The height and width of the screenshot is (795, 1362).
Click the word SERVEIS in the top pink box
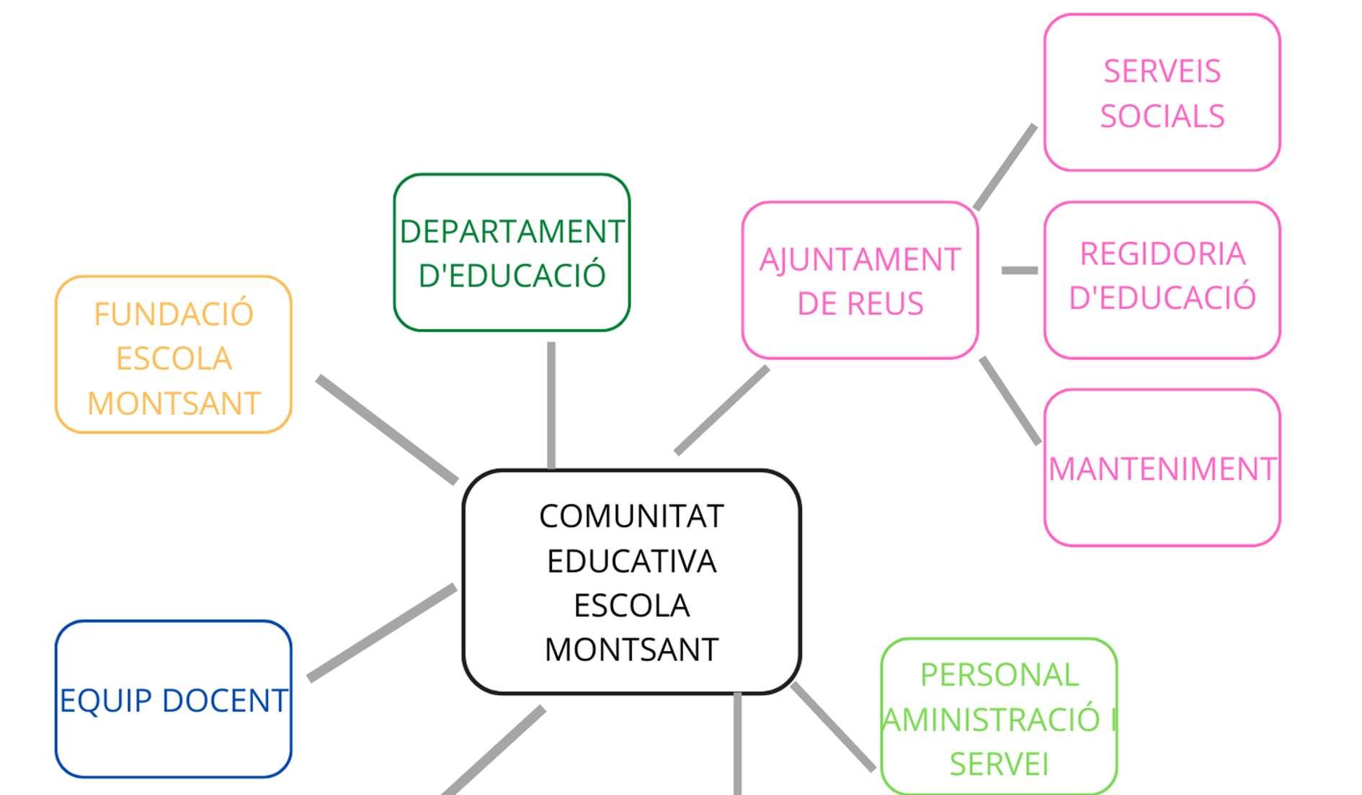pos(1162,71)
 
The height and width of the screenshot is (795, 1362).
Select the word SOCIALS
pos(1162,116)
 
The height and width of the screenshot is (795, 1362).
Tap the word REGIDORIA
pos(1162,253)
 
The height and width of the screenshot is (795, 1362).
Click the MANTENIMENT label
pos(1162,469)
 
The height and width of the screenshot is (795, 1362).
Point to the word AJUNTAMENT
pos(860,260)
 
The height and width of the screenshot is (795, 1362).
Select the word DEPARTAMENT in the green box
pos(512,232)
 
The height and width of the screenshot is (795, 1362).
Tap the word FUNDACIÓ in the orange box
pos(174,315)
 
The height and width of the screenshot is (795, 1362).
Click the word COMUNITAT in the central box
pos(631,516)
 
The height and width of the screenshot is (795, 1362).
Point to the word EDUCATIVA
pos(631,562)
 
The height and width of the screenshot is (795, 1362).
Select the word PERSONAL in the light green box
pos(999,675)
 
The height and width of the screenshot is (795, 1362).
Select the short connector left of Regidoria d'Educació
pos(1020,270)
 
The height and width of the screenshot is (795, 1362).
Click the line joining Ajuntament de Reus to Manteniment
pos(1010,400)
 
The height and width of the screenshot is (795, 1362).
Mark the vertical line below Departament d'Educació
pos(551,405)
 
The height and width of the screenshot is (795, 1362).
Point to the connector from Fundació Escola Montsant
pos(387,429)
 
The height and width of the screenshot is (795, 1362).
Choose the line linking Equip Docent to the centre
pos(382,633)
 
